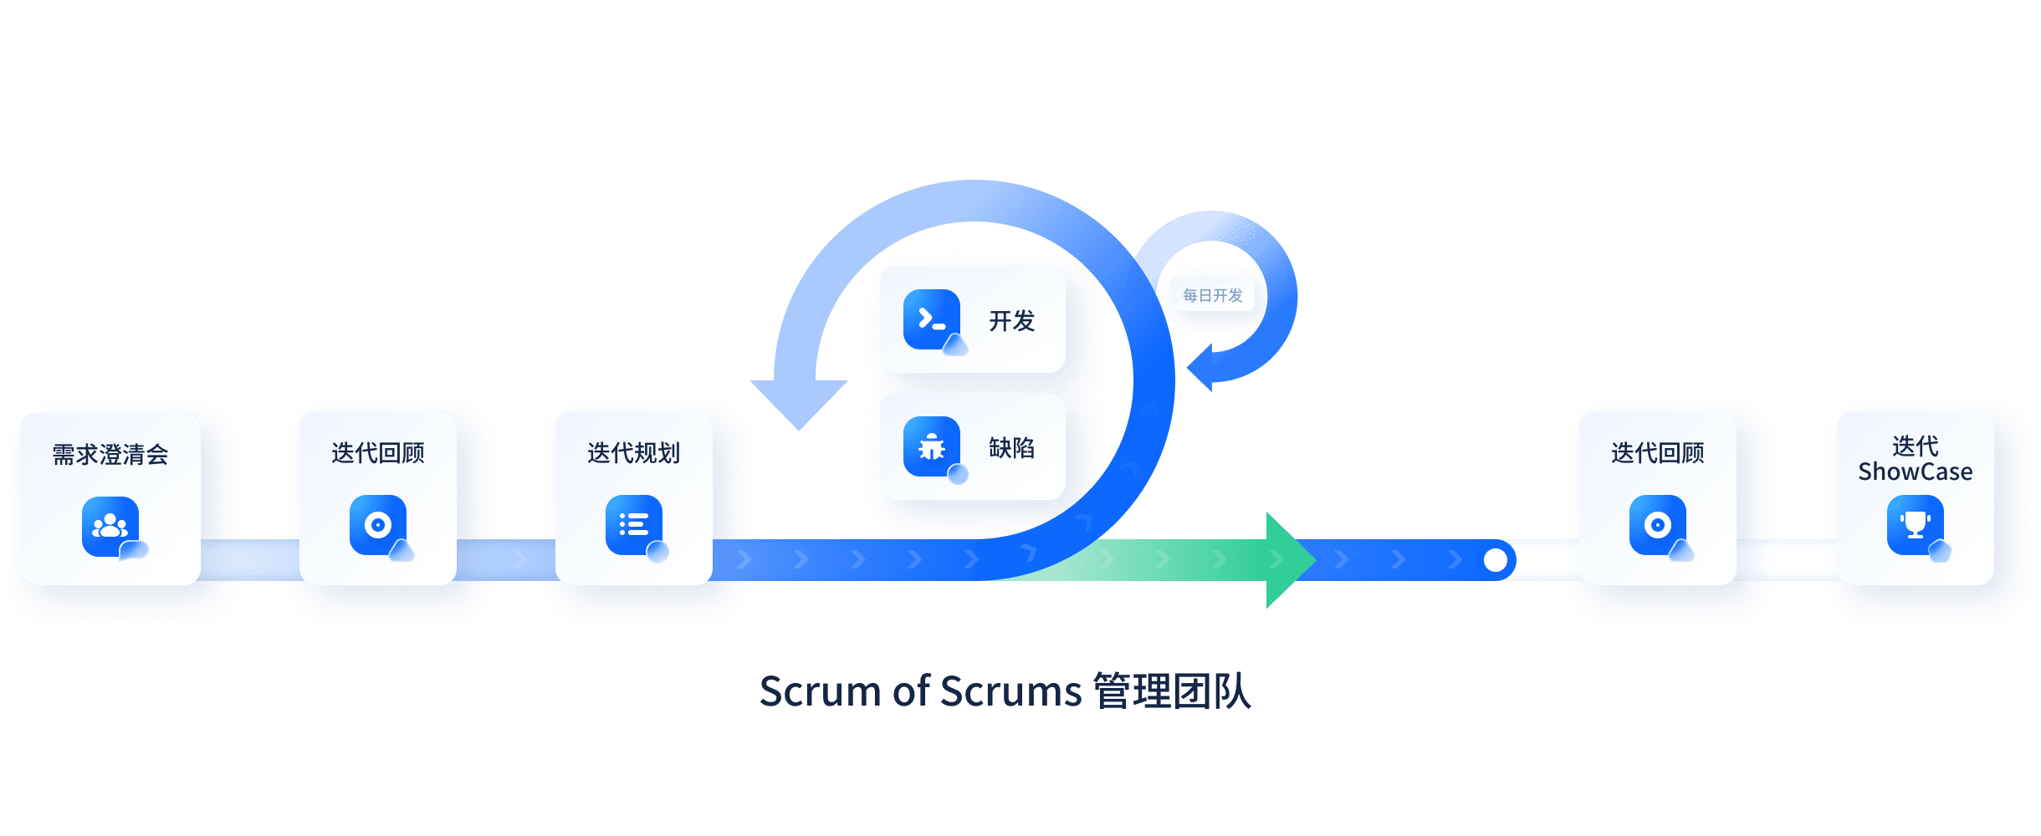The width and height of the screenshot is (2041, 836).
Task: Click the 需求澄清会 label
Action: point(110,455)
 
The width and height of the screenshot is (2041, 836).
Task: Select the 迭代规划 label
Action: point(633,453)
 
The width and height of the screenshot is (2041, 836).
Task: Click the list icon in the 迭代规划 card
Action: point(633,525)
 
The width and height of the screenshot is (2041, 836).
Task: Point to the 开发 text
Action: point(1011,321)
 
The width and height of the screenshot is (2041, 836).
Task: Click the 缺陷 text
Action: point(1011,448)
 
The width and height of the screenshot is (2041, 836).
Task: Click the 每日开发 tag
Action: point(1212,295)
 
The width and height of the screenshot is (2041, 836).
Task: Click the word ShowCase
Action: point(1915,472)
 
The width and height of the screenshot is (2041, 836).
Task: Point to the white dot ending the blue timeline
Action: point(1495,560)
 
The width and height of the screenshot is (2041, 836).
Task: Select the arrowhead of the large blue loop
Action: point(799,401)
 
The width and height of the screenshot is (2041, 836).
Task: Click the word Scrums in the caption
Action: point(1010,692)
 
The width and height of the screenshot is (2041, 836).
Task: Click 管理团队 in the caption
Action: point(1171,692)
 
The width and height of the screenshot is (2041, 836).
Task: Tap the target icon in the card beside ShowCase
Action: point(1657,525)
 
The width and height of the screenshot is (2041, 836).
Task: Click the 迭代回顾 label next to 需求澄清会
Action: point(377,453)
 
